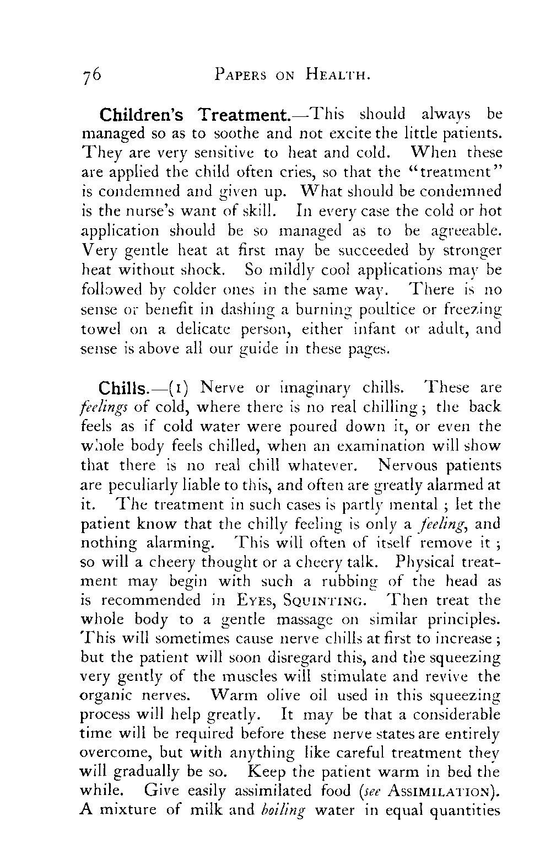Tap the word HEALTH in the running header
[337, 76]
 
